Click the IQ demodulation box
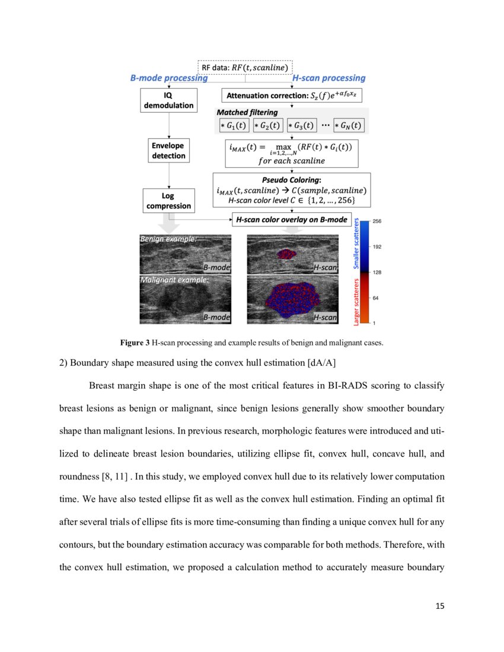coord(170,100)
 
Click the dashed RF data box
coord(245,68)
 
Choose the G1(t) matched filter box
coord(232,126)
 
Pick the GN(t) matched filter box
coord(348,126)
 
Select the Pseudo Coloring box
coord(291,190)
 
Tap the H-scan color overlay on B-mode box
coord(291,220)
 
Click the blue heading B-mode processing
coord(168,78)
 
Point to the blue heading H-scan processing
coord(329,78)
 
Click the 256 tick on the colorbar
coord(377,221)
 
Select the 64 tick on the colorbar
coord(375,298)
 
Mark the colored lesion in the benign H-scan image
coord(287,254)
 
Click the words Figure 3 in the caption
coord(136,343)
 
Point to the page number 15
coord(439,606)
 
